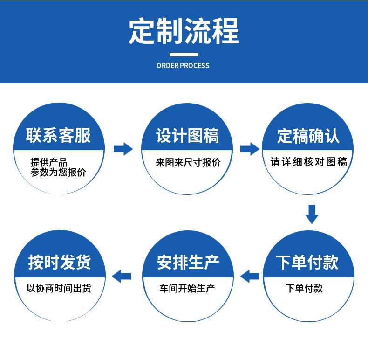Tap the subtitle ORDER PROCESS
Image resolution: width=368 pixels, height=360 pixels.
click(183, 66)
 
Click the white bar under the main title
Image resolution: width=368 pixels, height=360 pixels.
click(184, 54)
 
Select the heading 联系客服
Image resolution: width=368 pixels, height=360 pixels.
click(58, 136)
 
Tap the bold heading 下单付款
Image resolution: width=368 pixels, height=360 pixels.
click(307, 263)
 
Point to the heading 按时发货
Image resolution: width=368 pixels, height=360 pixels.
click(59, 262)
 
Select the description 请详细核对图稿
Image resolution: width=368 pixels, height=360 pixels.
click(308, 162)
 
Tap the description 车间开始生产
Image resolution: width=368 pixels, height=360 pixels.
click(187, 288)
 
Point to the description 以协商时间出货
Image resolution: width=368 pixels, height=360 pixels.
click(59, 288)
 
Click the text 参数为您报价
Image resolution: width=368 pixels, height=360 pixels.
click(58, 173)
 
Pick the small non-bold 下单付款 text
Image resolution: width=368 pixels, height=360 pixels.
click(304, 288)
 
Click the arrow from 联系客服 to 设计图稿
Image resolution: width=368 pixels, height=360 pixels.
click(123, 149)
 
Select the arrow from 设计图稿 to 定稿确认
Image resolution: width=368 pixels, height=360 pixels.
click(250, 149)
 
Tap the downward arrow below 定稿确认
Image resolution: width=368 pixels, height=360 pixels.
click(312, 214)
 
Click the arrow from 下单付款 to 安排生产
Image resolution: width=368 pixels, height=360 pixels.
click(250, 276)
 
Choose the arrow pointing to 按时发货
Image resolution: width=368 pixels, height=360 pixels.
click(123, 276)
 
